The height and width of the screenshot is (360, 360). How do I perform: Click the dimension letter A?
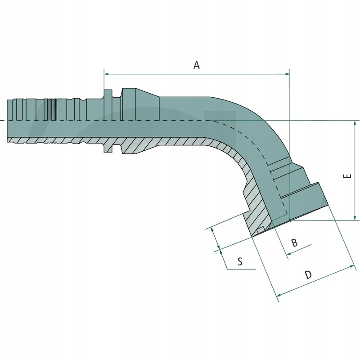196,65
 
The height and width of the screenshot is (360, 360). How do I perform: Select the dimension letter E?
347,176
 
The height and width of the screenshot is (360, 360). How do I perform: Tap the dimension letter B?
294,243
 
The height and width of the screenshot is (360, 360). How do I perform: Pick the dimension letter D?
308,275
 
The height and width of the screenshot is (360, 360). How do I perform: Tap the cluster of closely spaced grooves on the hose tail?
53,109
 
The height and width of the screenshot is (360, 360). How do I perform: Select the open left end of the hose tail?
8,121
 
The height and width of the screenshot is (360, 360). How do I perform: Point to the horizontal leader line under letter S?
241,269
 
